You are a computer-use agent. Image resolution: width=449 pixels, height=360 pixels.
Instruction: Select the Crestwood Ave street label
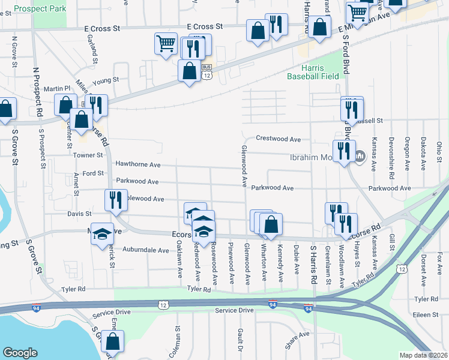(x=278, y=139)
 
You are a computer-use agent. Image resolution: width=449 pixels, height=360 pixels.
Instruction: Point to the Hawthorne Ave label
(x=138, y=164)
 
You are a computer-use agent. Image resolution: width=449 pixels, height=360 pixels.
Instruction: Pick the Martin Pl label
(x=57, y=88)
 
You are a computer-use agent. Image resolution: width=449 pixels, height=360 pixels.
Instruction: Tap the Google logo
(x=20, y=353)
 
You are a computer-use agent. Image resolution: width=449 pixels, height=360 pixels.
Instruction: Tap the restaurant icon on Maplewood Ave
(x=115, y=200)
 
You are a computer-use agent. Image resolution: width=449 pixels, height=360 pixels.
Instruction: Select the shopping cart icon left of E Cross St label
(x=166, y=43)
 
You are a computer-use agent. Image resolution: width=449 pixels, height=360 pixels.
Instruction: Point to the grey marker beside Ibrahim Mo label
(x=360, y=157)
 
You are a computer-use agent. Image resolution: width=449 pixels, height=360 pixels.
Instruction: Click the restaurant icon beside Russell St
(x=352, y=109)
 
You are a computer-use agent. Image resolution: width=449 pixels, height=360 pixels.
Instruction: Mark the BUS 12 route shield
(x=206, y=71)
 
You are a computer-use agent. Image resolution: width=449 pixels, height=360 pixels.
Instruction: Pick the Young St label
(x=110, y=80)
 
